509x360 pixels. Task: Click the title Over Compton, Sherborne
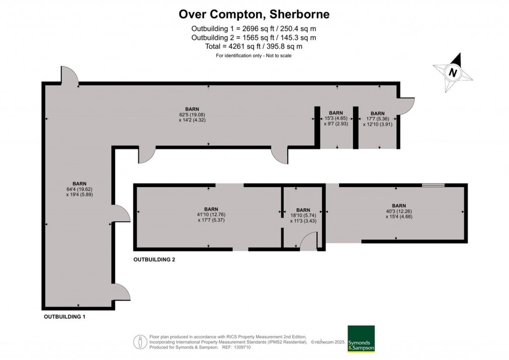pos(254,14)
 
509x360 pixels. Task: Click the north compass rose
pos(453,73)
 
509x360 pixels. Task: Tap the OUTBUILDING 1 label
pos(65,316)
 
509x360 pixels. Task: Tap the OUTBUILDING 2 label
pos(154,260)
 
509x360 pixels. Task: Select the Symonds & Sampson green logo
pos(361,339)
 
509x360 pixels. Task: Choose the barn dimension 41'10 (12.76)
pos(211,214)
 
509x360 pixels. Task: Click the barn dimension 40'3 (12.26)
pos(399,211)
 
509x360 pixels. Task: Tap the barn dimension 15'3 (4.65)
pos(336,118)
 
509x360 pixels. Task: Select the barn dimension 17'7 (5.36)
pos(377,119)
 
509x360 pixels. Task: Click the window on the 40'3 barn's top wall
pos(432,185)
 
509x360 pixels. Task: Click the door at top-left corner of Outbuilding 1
pos(70,76)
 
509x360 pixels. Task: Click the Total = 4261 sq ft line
pos(254,46)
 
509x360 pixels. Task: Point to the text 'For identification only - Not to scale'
pos(254,56)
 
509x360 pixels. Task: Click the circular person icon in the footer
pos(140,342)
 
